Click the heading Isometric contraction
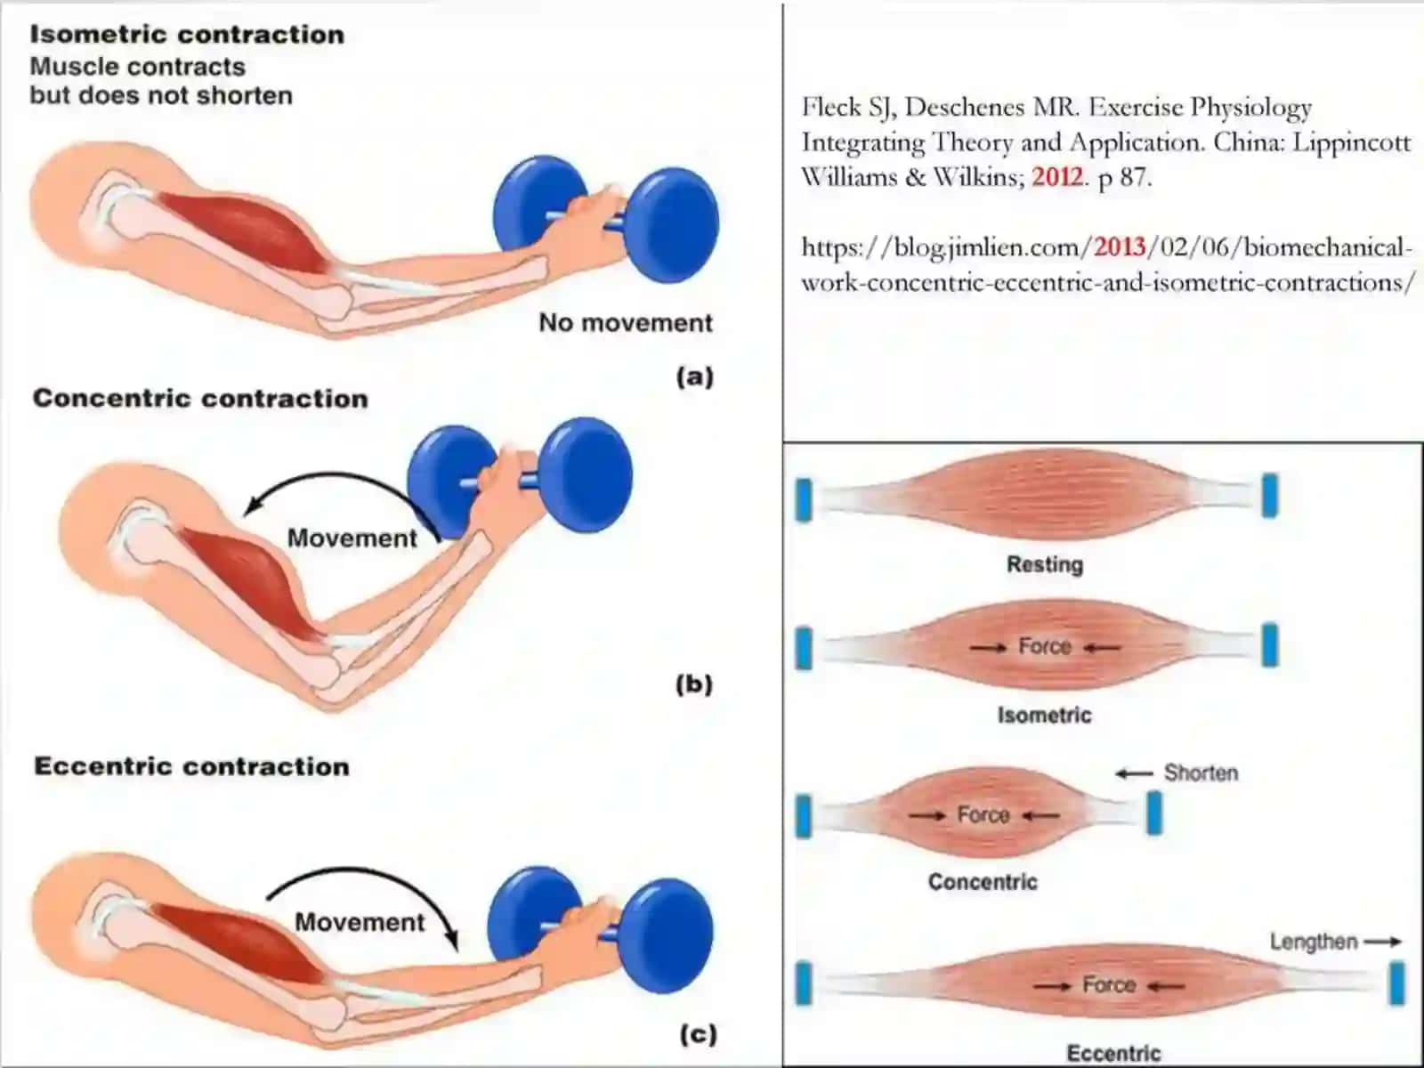(x=188, y=35)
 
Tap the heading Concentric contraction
(x=200, y=398)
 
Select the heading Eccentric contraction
(x=192, y=766)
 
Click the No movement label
(x=626, y=322)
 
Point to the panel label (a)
(x=695, y=376)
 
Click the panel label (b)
(x=694, y=684)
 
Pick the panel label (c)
(x=699, y=1033)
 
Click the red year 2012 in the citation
(x=1056, y=176)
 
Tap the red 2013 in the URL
(x=1120, y=247)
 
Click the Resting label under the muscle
(x=1045, y=564)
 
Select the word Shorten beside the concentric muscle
(x=1201, y=773)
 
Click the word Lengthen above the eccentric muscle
(x=1314, y=941)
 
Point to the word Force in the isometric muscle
(x=1045, y=646)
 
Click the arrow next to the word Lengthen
(x=1382, y=942)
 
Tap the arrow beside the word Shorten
(x=1134, y=773)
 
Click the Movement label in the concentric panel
(x=352, y=538)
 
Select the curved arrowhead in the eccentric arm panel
(x=451, y=941)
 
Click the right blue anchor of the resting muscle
(x=1270, y=496)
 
